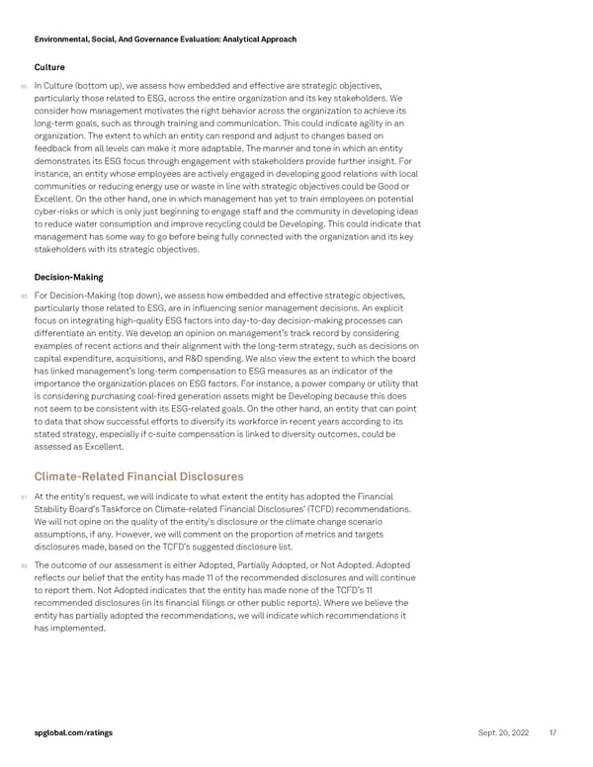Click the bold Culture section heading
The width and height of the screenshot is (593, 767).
[x=49, y=67]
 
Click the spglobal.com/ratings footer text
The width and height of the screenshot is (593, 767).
[x=72, y=731]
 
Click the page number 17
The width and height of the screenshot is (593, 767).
[x=552, y=731]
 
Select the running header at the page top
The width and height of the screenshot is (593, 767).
[x=165, y=39]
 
